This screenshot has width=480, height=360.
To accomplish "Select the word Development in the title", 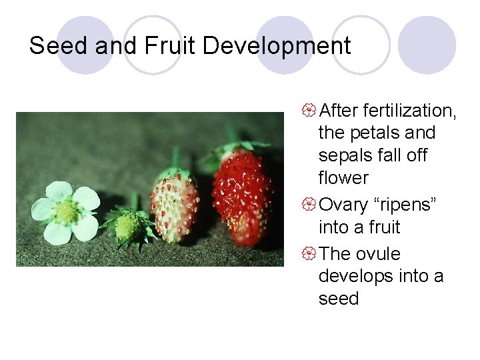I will [x=277, y=46].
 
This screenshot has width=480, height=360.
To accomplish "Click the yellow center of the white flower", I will [x=66, y=212].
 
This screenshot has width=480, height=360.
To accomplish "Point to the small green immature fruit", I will [x=128, y=226].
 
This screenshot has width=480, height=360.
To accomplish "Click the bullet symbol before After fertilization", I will [x=310, y=110].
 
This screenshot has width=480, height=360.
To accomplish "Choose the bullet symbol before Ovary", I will [x=310, y=205].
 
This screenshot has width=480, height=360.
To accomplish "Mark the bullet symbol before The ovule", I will [x=310, y=254].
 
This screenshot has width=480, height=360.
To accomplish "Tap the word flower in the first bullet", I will [x=343, y=178].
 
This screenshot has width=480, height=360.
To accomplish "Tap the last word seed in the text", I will [x=339, y=299].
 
